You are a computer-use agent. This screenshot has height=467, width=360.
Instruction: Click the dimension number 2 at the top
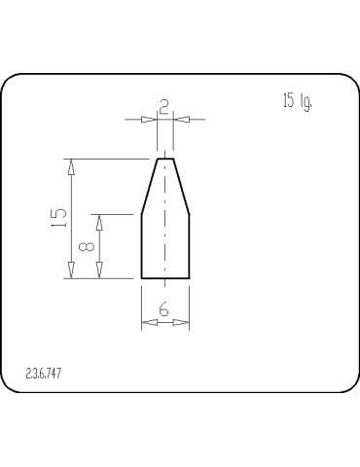click(164, 107)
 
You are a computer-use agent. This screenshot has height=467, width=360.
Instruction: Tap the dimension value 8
click(87, 246)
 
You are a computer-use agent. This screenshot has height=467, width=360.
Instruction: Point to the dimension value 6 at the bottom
click(164, 308)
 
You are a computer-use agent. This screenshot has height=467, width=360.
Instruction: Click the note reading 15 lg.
click(298, 101)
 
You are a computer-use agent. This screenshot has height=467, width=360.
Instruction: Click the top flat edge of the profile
click(165, 158)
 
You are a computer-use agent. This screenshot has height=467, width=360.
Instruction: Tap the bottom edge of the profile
click(165, 278)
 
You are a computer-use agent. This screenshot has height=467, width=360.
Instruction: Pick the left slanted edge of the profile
click(150, 186)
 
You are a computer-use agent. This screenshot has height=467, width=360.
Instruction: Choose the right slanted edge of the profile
click(181, 186)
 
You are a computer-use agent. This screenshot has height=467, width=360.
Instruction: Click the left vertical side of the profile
click(142, 246)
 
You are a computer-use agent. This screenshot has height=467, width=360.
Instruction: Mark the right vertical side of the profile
click(189, 246)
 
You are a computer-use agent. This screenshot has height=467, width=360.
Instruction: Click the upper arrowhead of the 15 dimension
click(70, 166)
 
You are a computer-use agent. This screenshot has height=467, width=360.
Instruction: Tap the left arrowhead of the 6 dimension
click(149, 321)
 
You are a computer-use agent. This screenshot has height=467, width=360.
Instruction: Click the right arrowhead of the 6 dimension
click(182, 321)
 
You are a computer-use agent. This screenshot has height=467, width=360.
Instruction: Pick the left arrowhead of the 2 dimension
click(149, 120)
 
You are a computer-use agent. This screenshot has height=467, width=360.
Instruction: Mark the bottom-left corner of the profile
click(142, 278)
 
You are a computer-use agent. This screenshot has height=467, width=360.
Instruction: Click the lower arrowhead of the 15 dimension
click(70, 269)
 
